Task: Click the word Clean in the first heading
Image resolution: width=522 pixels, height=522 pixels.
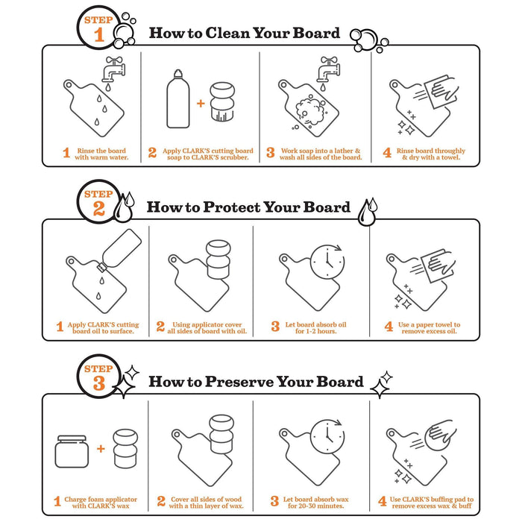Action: coord(227,33)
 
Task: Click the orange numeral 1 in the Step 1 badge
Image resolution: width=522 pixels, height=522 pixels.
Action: coord(99,34)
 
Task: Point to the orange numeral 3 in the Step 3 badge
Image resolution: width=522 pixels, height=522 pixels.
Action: coord(99,383)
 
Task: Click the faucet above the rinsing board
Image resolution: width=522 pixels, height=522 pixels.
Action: coord(113,69)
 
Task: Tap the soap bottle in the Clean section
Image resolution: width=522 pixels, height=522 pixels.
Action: coord(178,99)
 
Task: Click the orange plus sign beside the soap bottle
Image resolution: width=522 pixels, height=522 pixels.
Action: coord(201,103)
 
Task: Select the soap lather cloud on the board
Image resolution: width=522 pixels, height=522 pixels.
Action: coord(310,110)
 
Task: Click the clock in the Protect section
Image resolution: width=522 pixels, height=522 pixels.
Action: coord(327,262)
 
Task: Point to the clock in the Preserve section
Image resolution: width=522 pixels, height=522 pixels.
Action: coord(327,436)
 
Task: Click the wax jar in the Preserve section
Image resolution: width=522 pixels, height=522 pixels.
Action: coord(72,451)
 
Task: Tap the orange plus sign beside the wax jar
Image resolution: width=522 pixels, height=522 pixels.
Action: coord(101,448)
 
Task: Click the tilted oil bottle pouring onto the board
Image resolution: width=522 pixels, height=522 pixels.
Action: coord(119,250)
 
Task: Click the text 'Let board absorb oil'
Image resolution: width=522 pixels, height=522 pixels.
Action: coord(315,324)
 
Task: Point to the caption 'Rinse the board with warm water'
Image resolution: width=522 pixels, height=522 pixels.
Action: coord(101,154)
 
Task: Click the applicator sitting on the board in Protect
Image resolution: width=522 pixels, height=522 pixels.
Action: coord(218,260)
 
